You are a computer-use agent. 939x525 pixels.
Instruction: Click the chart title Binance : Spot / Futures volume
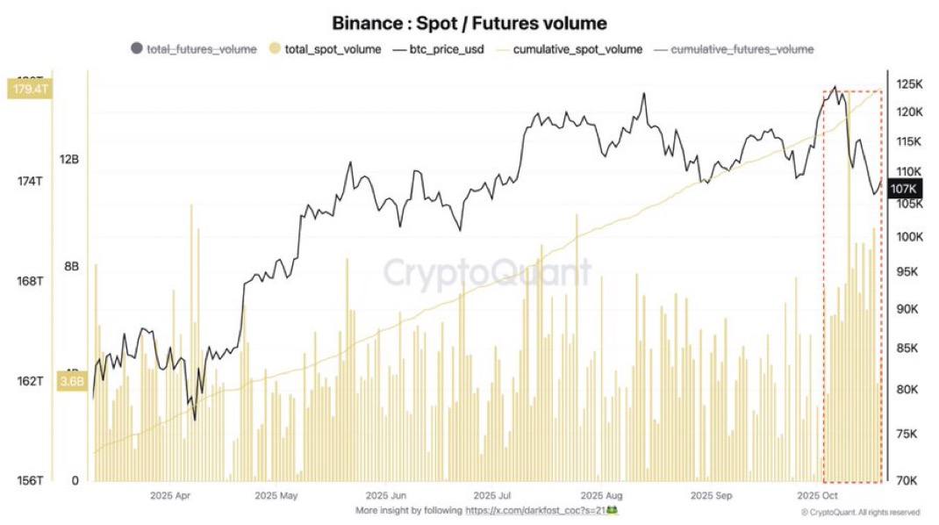pos(469,23)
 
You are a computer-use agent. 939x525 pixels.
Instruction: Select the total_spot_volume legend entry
pos(333,49)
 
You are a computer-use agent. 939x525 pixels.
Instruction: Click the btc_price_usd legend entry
pos(444,49)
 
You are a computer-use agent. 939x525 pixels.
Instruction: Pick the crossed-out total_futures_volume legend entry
pos(201,49)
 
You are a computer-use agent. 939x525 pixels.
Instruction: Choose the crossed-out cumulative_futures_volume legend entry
pos(742,49)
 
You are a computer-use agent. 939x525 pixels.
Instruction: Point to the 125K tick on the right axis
pos(909,84)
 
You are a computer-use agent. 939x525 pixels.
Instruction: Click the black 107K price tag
pos(904,189)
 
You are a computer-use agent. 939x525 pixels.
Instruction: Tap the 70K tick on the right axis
pos(907,480)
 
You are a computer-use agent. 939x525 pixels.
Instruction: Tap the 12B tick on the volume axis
pos(69,160)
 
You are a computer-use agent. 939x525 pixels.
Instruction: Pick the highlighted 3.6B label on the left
pos(72,381)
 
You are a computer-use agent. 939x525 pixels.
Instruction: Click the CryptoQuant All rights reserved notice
pos(860,512)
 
